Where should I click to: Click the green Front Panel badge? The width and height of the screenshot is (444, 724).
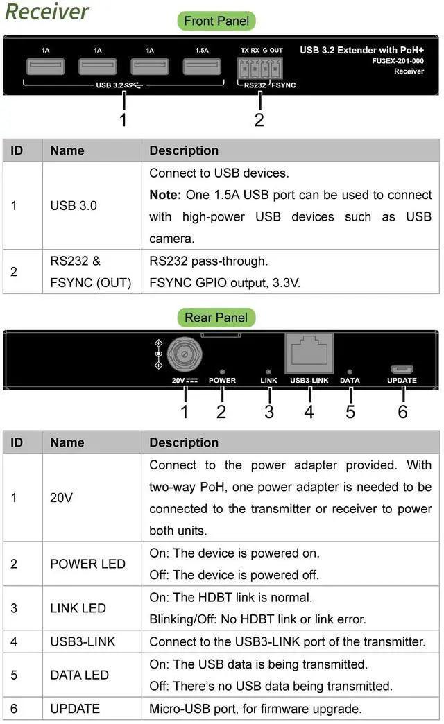coord(216,21)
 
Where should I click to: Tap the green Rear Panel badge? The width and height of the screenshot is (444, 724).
coord(216,318)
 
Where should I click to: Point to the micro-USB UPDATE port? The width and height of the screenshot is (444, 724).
coord(402,369)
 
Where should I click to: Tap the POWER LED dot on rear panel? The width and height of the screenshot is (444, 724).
coord(221,372)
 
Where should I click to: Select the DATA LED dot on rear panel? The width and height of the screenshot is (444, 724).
coord(350,372)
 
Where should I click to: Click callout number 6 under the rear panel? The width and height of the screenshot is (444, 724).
coord(402,411)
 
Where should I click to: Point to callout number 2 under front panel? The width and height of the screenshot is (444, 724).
coord(259,119)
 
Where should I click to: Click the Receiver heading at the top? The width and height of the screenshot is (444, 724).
coord(46,11)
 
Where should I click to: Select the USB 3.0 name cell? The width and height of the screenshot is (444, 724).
coord(73,206)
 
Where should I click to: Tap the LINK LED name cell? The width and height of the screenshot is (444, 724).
coord(78,608)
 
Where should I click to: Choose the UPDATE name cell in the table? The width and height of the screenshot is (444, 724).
coord(75,708)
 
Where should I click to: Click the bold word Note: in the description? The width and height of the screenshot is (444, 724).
coord(165,195)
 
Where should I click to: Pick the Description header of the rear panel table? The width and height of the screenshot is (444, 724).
coord(184,442)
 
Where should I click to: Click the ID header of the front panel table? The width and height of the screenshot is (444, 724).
coord(17,150)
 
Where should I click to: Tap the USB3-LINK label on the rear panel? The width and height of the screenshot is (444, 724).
coord(309,381)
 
